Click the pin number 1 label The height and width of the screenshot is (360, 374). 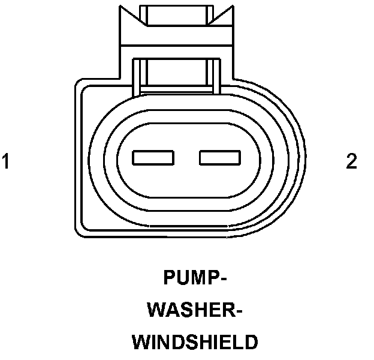click(x=6, y=161)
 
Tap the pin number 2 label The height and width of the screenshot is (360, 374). click(x=351, y=161)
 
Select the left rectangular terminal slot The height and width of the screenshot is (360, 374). click(x=153, y=158)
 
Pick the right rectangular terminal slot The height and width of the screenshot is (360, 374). click(x=219, y=158)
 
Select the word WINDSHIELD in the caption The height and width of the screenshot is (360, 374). click(x=195, y=342)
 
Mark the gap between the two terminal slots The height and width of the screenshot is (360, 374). click(x=186, y=158)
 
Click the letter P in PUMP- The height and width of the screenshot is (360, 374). click(x=169, y=279)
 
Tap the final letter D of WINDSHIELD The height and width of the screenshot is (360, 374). click(x=251, y=342)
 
